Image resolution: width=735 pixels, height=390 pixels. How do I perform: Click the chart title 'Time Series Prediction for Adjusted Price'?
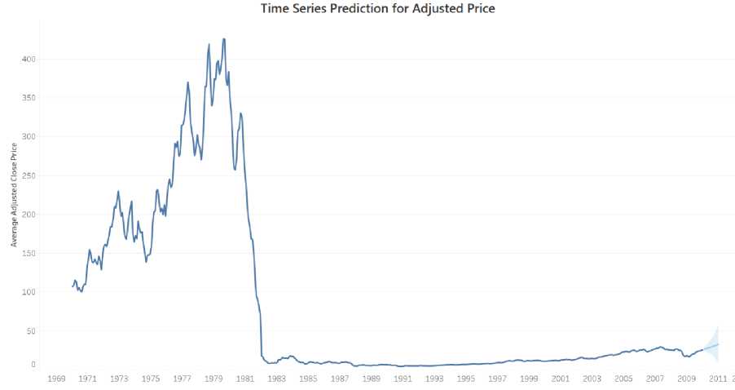coord(377,8)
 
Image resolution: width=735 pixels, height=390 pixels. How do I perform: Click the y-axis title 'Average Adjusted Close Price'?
coord(14,194)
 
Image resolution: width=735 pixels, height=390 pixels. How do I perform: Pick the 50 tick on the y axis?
coord(32,330)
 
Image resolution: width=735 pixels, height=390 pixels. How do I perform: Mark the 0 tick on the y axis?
coord(34,364)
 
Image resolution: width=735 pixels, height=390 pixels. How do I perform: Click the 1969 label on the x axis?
coord(56,379)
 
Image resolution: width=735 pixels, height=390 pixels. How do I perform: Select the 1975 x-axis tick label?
coord(151,379)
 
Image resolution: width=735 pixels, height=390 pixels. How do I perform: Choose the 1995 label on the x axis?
coord(466,379)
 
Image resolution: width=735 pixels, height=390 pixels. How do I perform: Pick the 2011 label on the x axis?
coord(718,379)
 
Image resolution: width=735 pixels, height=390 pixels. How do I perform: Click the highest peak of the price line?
coord(224,38)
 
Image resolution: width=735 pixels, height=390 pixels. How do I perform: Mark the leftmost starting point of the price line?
coord(73,286)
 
